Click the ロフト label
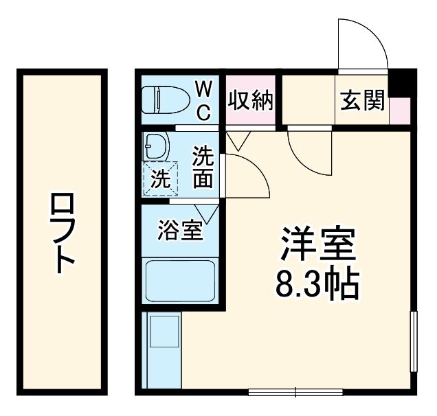pos(63,234)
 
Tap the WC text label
pos(203,100)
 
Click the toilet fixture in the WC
pos(164,100)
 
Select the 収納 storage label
pos(251,101)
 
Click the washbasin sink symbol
pos(157,146)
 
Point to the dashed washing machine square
pos(160,178)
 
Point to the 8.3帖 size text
pos(317,284)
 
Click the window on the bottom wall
pos(295,392)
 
